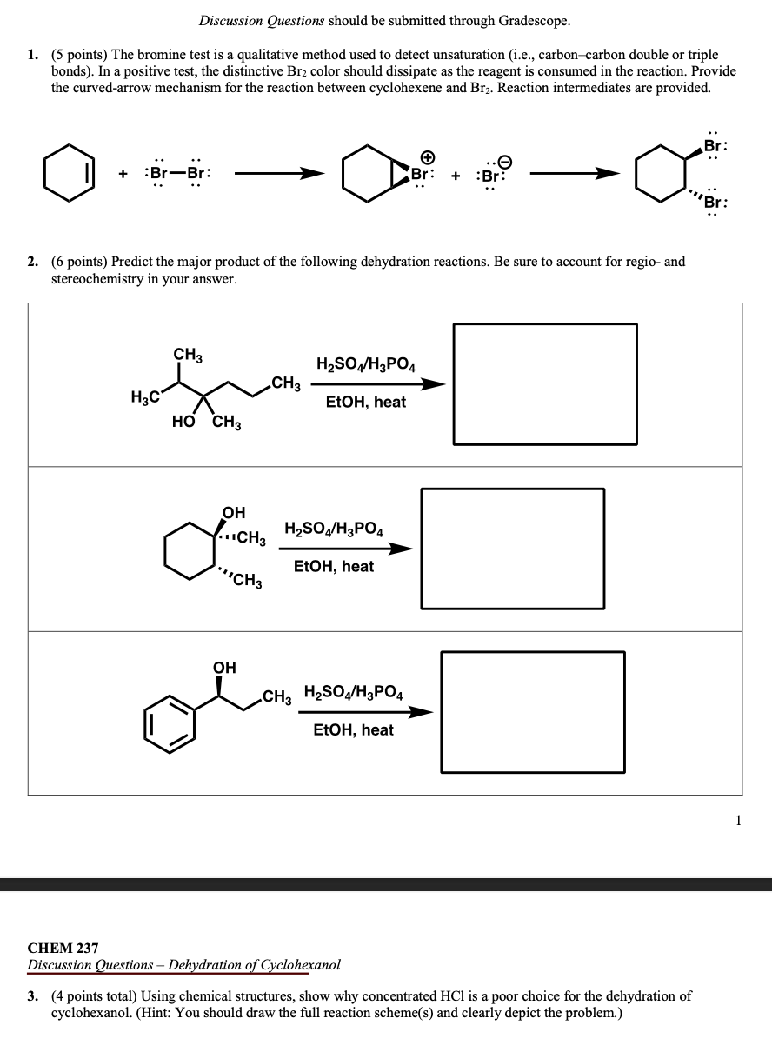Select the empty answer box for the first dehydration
pos(545,383)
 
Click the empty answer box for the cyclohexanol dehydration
pos(512,548)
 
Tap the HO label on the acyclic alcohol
pos(183,423)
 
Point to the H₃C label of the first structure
pos(144,397)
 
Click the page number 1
pos(737,819)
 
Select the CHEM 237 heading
pos(63,948)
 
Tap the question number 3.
pos(32,996)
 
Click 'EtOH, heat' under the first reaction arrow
pos(365,402)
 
